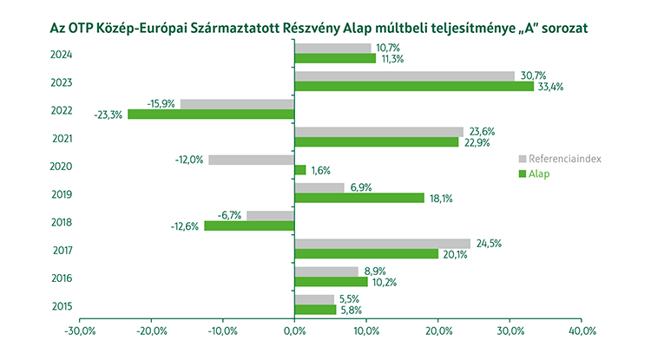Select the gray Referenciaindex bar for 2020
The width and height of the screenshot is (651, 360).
[252, 160]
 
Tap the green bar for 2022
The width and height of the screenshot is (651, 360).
[211, 114]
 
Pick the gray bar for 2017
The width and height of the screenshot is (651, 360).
[382, 244]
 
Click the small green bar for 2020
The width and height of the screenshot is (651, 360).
[300, 170]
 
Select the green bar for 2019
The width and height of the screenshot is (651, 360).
[359, 198]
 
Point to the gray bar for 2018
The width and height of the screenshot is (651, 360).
[271, 215]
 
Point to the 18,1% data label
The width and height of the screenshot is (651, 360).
[440, 198]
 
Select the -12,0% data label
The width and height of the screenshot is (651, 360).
[191, 160]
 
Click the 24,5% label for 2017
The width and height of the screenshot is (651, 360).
[486, 243]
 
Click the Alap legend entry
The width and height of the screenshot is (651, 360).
[540, 174]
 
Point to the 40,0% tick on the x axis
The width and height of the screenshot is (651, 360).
[581, 331]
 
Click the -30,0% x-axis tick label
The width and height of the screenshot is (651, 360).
[80, 331]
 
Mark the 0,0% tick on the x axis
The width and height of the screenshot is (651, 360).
[294, 331]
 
